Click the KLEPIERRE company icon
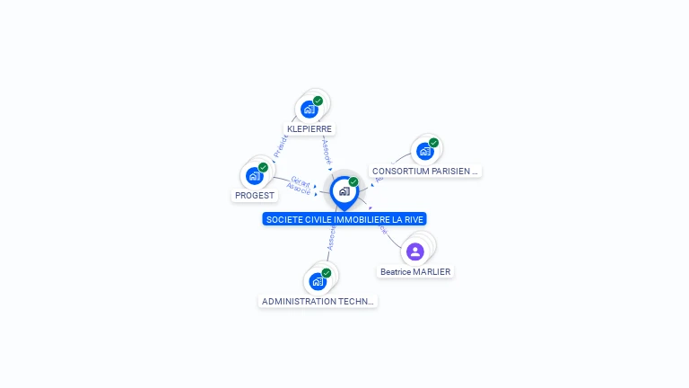(x=310, y=110)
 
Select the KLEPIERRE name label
(x=310, y=128)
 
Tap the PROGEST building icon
(x=255, y=176)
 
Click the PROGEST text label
(x=255, y=195)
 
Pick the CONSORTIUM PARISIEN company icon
(x=425, y=151)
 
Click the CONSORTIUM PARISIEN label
(x=426, y=171)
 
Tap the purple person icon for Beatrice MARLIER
(x=414, y=251)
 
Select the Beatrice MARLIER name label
(x=415, y=271)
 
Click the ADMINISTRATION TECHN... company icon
(x=318, y=281)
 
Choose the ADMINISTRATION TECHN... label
(x=318, y=302)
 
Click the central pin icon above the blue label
(x=344, y=191)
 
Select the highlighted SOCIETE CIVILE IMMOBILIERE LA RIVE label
(x=344, y=219)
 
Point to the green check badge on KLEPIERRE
(x=318, y=101)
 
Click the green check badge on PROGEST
(x=263, y=167)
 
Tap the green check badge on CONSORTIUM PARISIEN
(x=433, y=143)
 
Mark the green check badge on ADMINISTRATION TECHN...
(x=326, y=273)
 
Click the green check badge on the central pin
(x=353, y=182)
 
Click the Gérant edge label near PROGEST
(x=300, y=181)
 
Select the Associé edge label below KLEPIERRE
(x=327, y=151)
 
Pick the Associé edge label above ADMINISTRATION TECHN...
(x=331, y=237)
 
